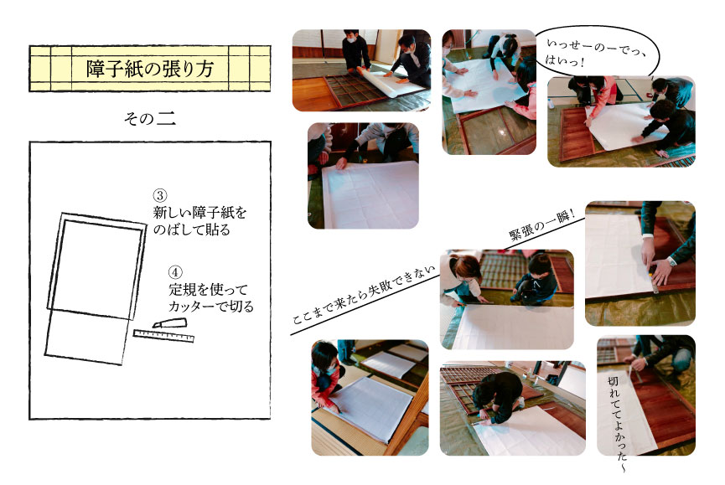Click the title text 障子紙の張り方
(150, 69)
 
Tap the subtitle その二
(150, 119)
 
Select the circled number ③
(160, 196)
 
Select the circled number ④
(175, 272)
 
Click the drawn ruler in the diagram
(163, 336)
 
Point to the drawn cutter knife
(169, 322)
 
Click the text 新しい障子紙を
(199, 213)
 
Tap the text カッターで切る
(211, 307)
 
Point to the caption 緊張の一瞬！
(541, 224)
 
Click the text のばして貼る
(191, 230)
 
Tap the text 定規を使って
(208, 290)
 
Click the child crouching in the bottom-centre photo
(500, 397)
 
